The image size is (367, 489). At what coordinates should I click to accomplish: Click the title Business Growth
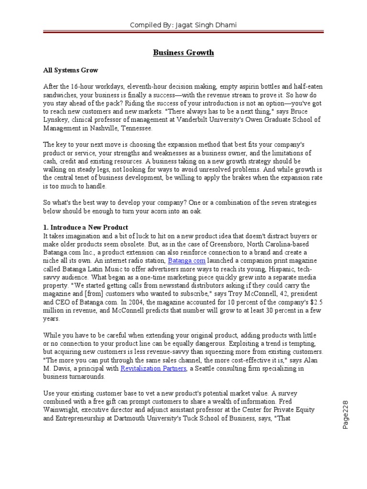pos(183,53)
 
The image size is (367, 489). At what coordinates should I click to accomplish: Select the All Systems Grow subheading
pos(70,70)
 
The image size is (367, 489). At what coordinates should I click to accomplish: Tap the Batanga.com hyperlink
pos(186,260)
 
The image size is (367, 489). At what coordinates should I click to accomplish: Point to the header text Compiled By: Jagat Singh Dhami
pos(183,25)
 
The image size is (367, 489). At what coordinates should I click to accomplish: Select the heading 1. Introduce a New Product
pos(86,227)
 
